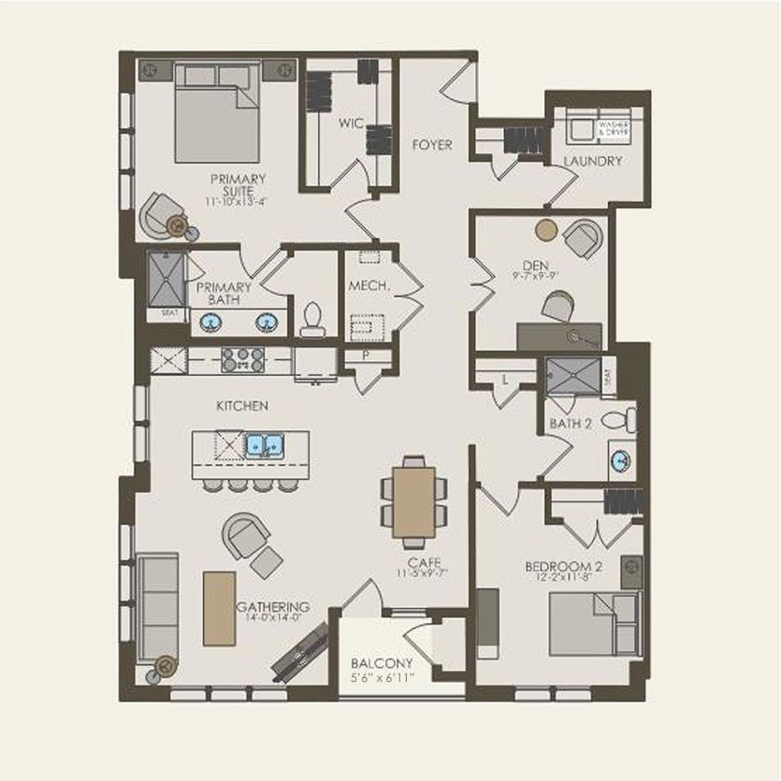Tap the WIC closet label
click(x=351, y=123)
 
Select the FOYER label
click(x=432, y=145)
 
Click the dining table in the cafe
click(x=413, y=502)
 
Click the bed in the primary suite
click(x=216, y=113)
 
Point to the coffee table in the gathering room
click(x=219, y=608)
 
